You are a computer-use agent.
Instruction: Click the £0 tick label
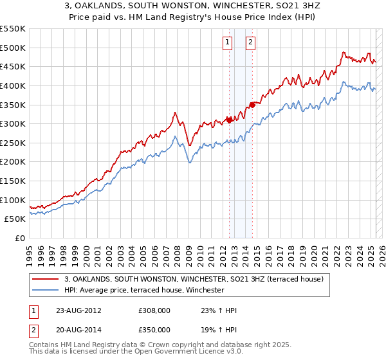(x=19, y=238)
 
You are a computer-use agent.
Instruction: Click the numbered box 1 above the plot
(x=228, y=43)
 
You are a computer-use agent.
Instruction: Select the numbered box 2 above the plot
(x=250, y=43)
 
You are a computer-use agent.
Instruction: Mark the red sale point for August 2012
(x=229, y=119)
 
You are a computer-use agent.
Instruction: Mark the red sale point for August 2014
(x=252, y=104)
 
